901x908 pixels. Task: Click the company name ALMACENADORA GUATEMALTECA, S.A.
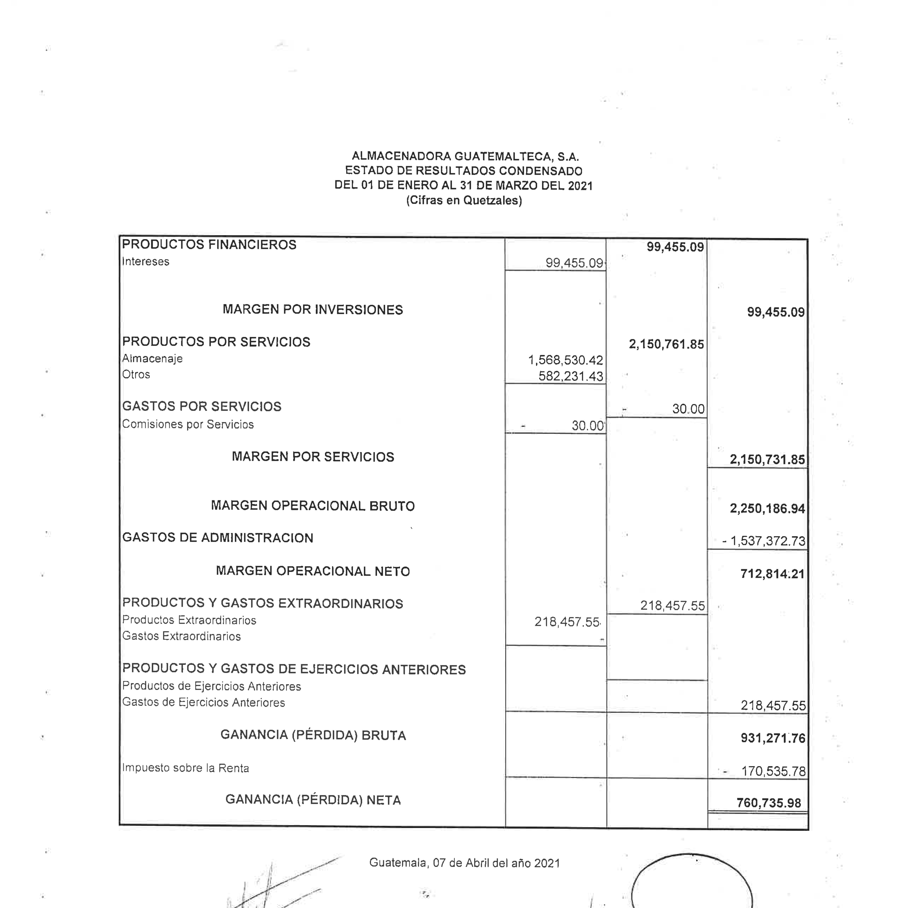tap(465, 156)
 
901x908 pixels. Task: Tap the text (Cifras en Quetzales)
tap(464, 201)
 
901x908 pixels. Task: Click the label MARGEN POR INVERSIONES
tap(313, 310)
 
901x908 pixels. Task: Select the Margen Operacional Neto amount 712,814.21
tap(772, 574)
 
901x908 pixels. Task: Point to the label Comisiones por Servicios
tap(188, 424)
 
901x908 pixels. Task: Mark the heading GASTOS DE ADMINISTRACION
tap(218, 538)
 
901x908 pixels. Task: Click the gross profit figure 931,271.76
tap(773, 738)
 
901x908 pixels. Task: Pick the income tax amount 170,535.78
tap(773, 771)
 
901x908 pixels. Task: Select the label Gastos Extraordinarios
tap(181, 636)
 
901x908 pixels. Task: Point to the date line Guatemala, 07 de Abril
tap(464, 863)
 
